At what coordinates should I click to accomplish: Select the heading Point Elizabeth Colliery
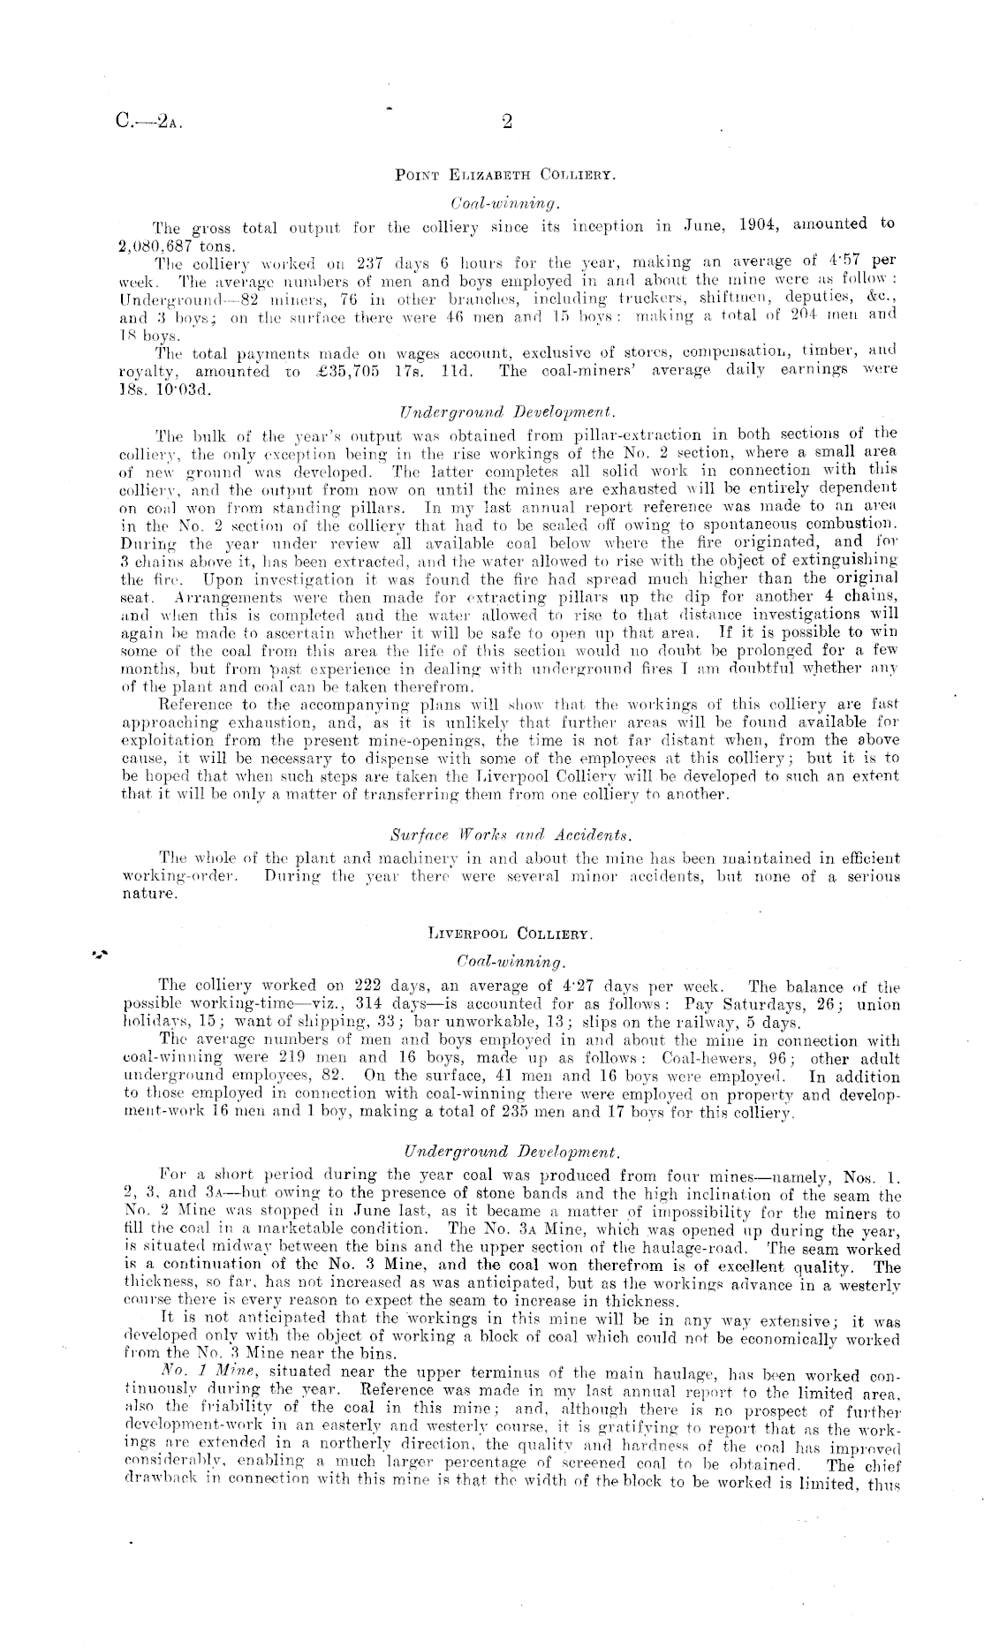point(505,175)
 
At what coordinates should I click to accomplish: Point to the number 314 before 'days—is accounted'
point(368,1004)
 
